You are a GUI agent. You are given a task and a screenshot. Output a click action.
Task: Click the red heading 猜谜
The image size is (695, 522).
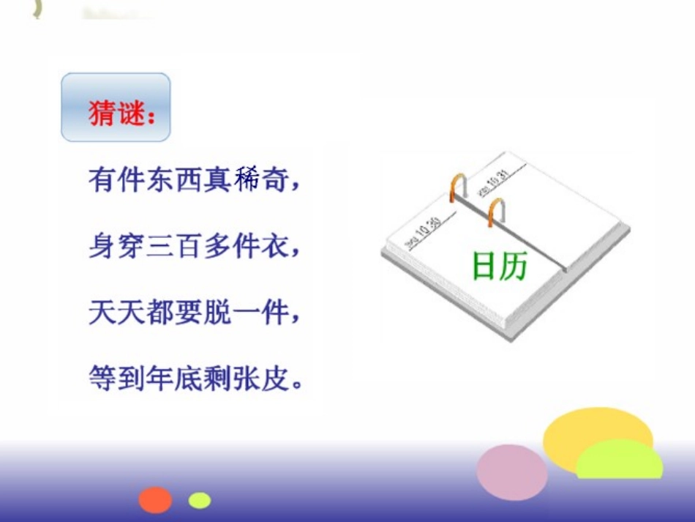116,113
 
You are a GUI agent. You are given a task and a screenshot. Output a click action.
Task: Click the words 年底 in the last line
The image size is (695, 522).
195,379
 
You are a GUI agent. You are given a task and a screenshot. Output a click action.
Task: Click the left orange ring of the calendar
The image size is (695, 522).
457,187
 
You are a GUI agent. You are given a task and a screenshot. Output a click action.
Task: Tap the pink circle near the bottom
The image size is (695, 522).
512,472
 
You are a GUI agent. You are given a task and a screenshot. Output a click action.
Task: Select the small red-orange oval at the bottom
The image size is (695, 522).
156,500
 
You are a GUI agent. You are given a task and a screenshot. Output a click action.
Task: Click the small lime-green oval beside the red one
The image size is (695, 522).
199,501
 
